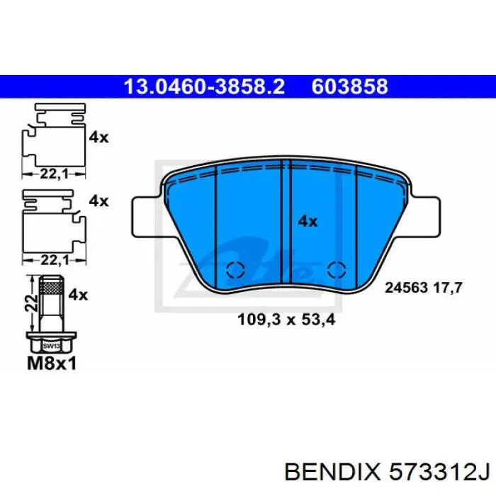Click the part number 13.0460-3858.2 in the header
[x=204, y=86]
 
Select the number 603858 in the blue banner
[x=350, y=86]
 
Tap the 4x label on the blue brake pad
[x=307, y=222]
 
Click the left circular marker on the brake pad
[x=234, y=270]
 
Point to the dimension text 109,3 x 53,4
[x=286, y=320]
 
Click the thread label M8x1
[x=50, y=363]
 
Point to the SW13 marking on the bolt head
[x=50, y=346]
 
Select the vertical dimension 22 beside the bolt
[x=29, y=303]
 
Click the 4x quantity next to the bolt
[x=78, y=294]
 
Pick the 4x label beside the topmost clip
[x=98, y=137]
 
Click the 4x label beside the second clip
[x=98, y=201]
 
